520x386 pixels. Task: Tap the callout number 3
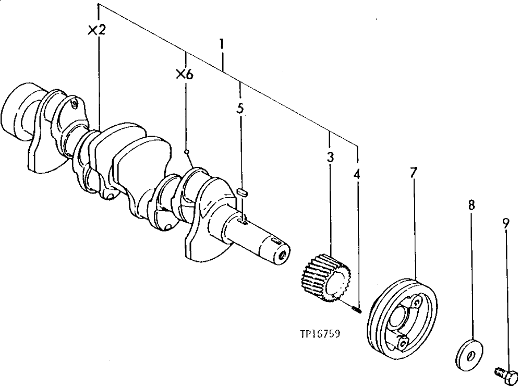coord(330,157)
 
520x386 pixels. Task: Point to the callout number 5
coord(239,109)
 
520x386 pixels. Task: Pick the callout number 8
coord(471,206)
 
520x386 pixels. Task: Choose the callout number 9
coord(505,223)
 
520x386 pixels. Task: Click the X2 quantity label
coord(97,30)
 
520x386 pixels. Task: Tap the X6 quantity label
coord(185,75)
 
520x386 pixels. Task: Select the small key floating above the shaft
coord(241,192)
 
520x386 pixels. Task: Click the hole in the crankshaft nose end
coord(282,255)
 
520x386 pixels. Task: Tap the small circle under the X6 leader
coord(186,152)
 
